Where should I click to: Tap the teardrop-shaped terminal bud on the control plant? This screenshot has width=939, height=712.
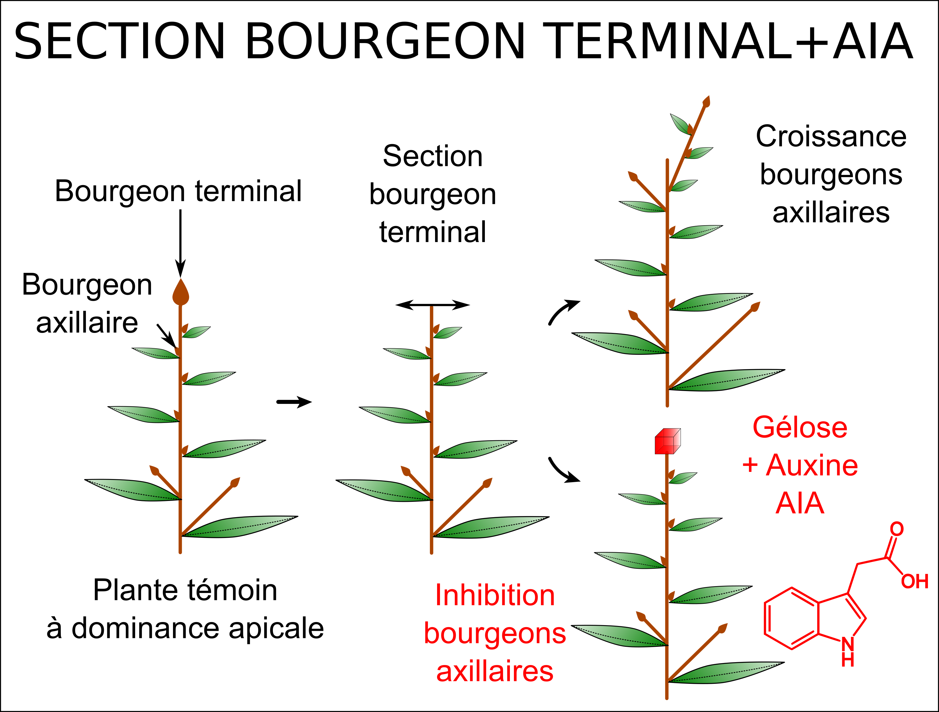(x=180, y=293)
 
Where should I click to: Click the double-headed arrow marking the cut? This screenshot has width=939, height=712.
(x=432, y=305)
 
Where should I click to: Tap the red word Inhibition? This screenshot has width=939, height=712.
(x=495, y=595)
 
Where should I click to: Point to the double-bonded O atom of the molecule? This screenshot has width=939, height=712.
(x=897, y=529)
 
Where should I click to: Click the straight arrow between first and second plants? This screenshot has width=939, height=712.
(x=294, y=402)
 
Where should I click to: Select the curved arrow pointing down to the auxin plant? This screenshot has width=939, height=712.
(x=563, y=471)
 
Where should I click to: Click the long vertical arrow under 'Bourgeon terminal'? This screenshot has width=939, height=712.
(x=180, y=242)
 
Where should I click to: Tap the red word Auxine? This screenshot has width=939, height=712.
(x=812, y=465)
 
